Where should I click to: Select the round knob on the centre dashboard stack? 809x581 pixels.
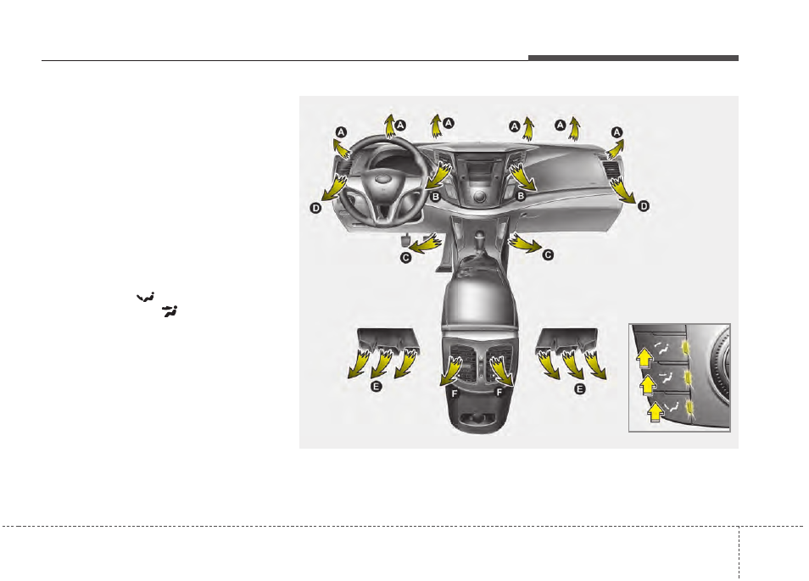pos(480,196)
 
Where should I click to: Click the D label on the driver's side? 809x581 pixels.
pos(315,208)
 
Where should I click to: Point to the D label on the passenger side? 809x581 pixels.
pos(644,206)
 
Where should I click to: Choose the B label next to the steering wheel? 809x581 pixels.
pos(436,197)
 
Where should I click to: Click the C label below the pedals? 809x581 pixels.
pos(406,257)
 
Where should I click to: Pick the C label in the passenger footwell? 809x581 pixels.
pos(548,254)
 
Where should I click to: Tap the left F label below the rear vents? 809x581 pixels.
pos(455,394)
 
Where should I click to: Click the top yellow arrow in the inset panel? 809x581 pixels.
pos(645,357)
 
